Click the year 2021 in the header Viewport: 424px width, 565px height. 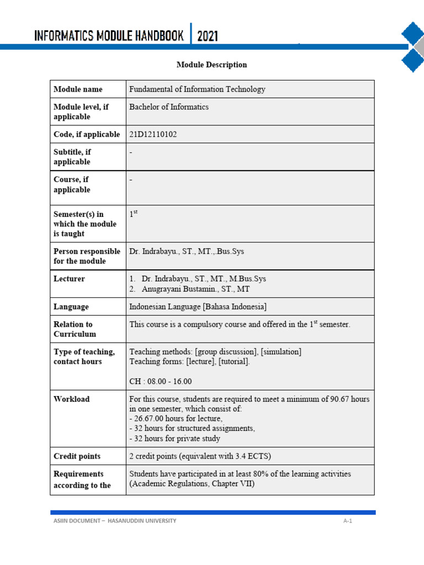208,36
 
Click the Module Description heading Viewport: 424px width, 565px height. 211,65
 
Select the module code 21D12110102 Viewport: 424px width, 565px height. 153,134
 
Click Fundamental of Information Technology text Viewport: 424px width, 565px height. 197,89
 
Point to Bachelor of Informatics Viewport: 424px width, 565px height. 168,107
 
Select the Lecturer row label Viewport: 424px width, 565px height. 69,279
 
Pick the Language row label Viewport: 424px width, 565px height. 71,307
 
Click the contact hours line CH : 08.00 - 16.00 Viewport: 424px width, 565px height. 161,381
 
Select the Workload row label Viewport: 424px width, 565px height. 71,399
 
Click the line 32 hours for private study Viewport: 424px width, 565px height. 174,439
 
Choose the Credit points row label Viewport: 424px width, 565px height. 77,456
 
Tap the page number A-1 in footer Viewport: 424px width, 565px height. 347,521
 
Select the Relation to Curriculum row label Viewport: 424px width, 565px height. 75,329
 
